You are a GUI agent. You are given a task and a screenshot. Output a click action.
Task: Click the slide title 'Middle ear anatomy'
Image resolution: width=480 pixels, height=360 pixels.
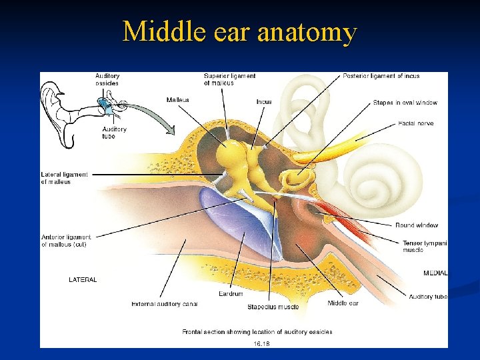[x=239, y=31]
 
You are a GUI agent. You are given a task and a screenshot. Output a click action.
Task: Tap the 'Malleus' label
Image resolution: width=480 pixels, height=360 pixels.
[x=178, y=100]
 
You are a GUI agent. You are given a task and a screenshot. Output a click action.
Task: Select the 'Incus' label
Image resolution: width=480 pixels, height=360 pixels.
[x=264, y=102]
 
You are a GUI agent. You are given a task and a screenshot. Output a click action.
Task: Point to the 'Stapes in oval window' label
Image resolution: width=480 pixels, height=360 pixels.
[x=405, y=103]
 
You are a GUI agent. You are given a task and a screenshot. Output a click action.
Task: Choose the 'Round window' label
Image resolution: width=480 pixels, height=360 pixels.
[x=417, y=225]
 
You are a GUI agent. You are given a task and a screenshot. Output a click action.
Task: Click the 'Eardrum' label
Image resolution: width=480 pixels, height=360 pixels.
[x=231, y=293]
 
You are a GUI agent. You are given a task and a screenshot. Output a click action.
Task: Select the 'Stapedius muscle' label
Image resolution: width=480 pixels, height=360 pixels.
[x=273, y=307]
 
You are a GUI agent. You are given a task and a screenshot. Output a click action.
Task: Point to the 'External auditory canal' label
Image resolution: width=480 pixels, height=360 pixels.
[x=165, y=304]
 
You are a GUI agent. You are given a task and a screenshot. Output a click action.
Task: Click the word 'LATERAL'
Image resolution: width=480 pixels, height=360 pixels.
[x=83, y=280]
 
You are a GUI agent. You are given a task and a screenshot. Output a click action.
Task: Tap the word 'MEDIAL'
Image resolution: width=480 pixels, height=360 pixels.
[x=435, y=273]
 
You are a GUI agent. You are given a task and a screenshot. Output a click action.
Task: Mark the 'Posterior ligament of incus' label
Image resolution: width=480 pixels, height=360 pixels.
[x=381, y=76]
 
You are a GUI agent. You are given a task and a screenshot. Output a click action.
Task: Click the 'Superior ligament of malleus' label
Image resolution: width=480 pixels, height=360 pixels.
[x=229, y=79]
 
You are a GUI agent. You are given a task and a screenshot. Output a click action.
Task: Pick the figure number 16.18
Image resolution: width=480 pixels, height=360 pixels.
[x=260, y=344]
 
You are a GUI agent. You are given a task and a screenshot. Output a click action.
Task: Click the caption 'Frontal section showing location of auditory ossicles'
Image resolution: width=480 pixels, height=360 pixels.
[x=257, y=331]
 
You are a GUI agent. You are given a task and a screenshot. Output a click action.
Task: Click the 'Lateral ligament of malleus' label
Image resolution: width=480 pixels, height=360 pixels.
[x=64, y=178]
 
